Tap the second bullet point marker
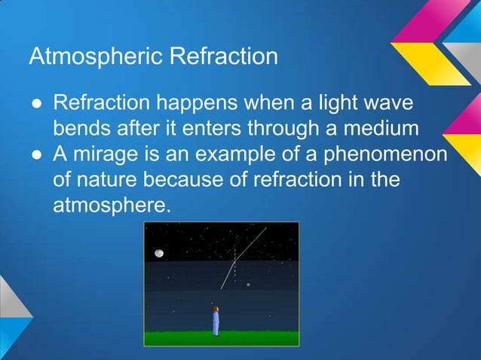(35, 154)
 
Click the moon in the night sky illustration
(159, 254)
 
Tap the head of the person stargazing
(216, 309)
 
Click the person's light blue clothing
(216, 323)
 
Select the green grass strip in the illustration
(222, 338)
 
